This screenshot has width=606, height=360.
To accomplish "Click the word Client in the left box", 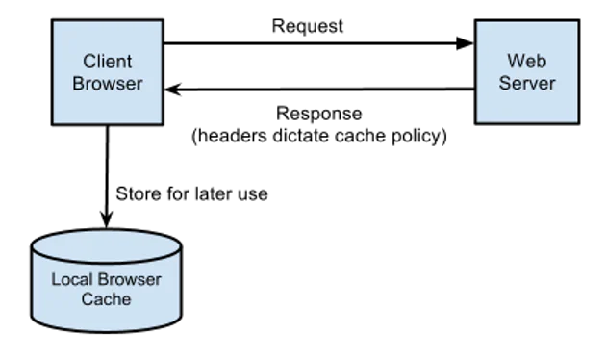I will coord(107,62).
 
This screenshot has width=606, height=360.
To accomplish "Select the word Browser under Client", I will coord(107,84).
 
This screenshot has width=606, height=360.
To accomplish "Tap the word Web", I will coord(526,62).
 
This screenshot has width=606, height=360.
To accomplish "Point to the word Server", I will coord(526,84).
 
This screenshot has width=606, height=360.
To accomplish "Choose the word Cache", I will coord(106,299).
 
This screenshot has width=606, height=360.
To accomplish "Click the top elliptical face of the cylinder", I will coord(106,246).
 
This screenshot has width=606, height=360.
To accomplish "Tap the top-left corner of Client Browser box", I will coord(53,21).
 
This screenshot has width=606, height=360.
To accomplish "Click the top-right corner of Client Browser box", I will coord(161,21).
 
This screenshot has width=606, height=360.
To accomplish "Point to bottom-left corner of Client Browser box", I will coord(53,124).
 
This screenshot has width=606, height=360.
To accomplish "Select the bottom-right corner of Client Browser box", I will coord(161,124).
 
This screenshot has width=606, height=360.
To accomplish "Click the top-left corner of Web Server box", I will coord(476,21).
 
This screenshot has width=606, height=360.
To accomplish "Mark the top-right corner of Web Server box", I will coord(578,21).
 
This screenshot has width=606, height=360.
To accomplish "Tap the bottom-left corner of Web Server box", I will coord(476,123).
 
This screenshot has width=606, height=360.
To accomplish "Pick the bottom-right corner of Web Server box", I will coord(578,123).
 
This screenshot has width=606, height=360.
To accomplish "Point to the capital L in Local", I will coord(55,280).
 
